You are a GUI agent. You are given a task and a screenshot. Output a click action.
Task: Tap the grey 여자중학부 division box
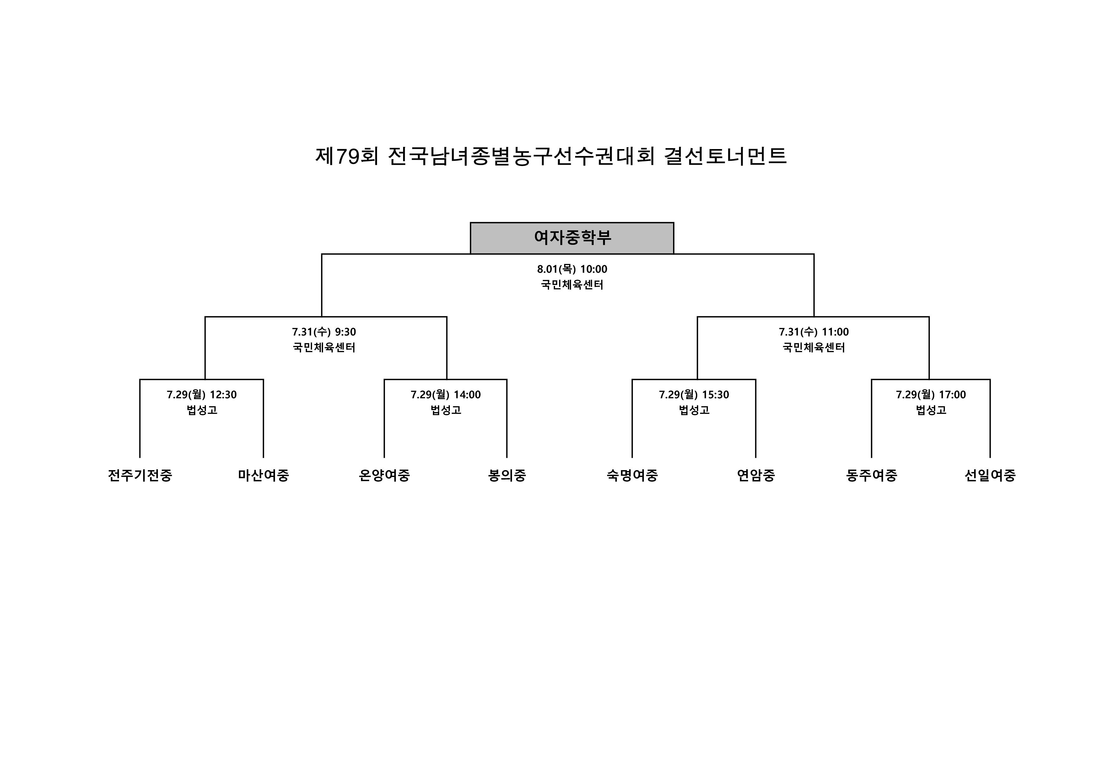572,238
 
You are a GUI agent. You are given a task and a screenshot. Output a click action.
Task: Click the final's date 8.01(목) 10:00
572,269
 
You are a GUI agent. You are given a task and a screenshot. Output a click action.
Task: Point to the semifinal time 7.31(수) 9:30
324,332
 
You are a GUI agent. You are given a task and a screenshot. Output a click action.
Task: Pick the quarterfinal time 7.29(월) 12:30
202,395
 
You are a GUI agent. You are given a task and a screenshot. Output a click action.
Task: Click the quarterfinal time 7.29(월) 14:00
445,395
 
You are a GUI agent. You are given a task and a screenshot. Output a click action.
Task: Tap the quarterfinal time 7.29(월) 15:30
694,395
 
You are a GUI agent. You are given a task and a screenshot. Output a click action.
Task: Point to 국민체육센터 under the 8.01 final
572,285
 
